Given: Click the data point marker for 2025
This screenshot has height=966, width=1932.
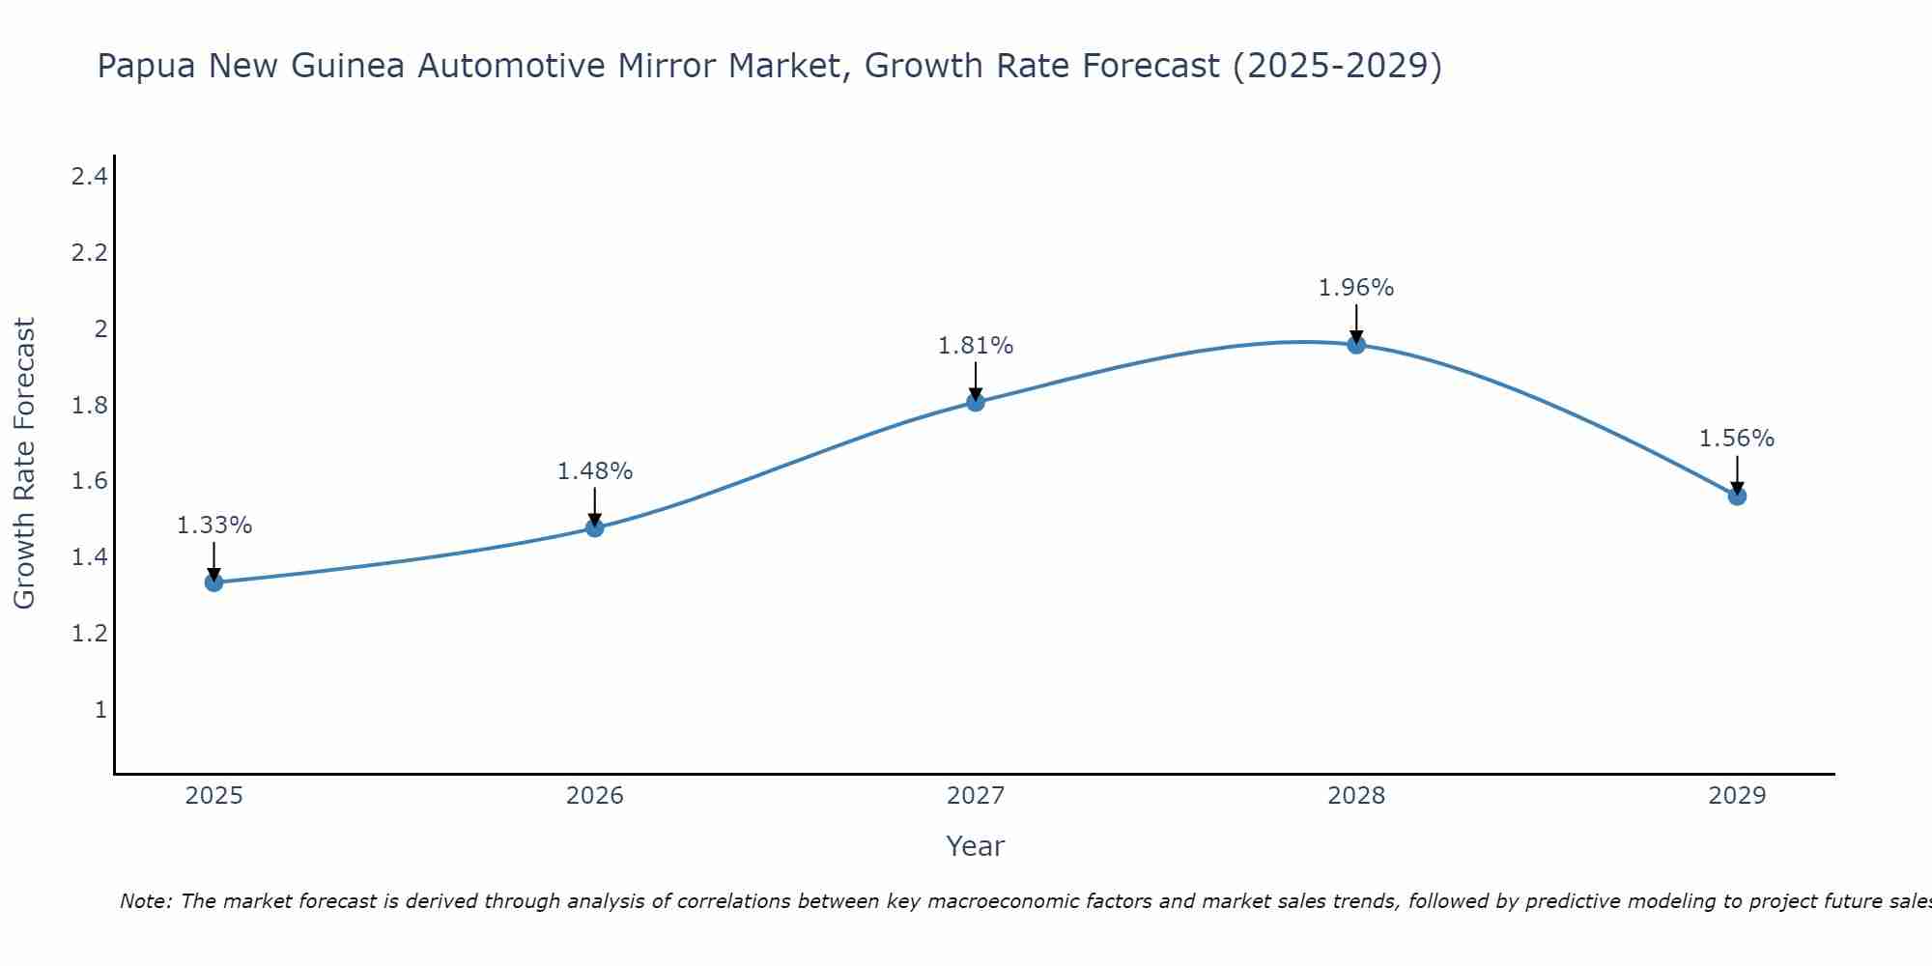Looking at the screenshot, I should click(214, 582).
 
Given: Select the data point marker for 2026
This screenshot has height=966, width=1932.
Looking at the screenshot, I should click(595, 527).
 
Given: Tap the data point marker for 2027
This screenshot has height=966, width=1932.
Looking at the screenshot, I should click(976, 402).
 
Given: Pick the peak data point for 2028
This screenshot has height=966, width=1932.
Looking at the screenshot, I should click(1356, 345).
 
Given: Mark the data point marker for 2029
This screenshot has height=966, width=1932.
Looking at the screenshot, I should click(1737, 497).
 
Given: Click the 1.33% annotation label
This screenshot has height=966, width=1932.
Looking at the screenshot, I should click(214, 526).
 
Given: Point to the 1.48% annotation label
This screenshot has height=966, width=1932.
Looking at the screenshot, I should click(595, 471).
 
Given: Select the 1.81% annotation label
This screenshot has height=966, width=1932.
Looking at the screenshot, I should click(976, 346).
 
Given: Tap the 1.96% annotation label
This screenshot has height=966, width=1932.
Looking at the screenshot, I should click(1356, 288).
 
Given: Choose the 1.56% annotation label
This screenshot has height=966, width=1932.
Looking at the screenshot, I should click(1737, 439).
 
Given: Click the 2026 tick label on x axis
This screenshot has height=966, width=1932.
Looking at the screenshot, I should click(595, 796).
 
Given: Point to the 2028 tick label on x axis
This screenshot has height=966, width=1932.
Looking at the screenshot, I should click(1356, 796).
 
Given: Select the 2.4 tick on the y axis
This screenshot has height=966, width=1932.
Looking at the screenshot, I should click(89, 177).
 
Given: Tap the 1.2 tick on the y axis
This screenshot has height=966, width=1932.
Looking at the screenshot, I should click(89, 634).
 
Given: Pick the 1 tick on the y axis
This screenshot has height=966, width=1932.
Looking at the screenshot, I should click(100, 710).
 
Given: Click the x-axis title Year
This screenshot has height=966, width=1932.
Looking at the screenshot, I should click(976, 846).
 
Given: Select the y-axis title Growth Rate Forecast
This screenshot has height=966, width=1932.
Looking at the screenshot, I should click(24, 464).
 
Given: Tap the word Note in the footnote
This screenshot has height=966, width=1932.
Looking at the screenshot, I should click(145, 901).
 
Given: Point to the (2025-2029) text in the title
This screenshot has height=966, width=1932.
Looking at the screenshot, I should click(1337, 66).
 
